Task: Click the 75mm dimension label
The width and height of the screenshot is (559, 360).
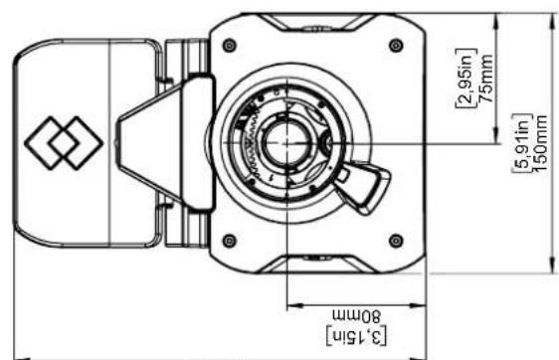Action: tap(486, 78)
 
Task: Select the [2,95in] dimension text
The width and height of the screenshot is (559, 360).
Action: tap(466, 78)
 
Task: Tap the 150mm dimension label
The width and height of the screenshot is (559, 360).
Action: tap(540, 143)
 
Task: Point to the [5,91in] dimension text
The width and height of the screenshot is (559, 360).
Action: tap(522, 143)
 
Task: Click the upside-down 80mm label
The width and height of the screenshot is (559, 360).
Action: tap(357, 316)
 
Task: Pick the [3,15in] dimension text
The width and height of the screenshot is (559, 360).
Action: tap(357, 336)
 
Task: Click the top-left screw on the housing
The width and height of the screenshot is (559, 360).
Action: tap(229, 46)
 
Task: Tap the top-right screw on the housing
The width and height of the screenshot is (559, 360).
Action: tap(396, 46)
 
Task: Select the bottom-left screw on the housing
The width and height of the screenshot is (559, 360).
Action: tap(229, 241)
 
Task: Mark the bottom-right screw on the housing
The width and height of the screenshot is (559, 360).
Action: tap(396, 241)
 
